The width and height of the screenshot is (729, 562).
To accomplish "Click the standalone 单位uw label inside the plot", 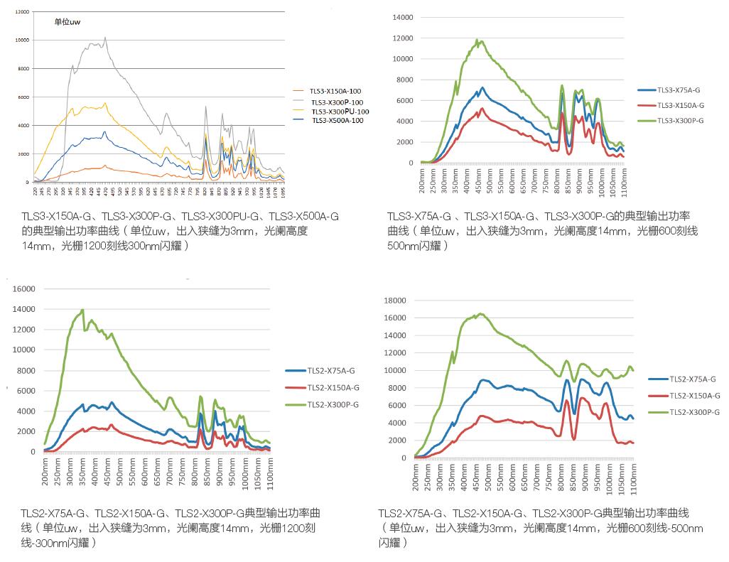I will pos(68,22).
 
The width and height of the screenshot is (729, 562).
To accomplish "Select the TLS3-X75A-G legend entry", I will pos(679,90).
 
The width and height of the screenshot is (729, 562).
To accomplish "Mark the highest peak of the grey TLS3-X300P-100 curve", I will pos(105,38).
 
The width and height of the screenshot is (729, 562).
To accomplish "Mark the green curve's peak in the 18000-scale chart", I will pos(480,313).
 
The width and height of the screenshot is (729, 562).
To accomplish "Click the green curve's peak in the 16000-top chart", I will pos(83,310).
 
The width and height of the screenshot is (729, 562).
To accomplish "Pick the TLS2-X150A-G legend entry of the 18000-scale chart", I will pos(695,396).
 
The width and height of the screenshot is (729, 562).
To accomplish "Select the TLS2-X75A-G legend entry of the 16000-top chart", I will pos(331,371).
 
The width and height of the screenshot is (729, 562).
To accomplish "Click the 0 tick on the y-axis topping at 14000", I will pos(410,163).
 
